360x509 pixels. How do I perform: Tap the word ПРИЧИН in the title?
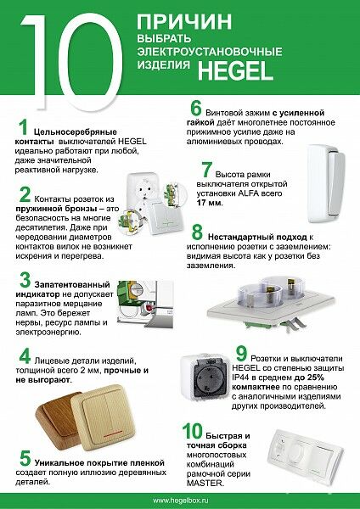tap(184, 21)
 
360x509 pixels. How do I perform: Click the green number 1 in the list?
tap(23, 127)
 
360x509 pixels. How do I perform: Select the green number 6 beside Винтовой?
tap(196, 109)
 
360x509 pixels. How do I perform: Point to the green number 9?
tap(241, 354)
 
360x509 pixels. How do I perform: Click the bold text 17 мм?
tap(210, 204)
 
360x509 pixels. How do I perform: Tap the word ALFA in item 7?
tap(262, 193)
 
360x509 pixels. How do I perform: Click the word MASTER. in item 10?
tap(205, 483)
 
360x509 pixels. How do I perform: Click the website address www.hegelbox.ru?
tap(180, 501)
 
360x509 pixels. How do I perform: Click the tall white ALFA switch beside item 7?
tap(326, 184)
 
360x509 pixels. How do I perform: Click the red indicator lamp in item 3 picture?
tap(149, 307)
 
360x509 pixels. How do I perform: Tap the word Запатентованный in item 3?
tap(72, 285)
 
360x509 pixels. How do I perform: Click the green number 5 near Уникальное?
tap(25, 458)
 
